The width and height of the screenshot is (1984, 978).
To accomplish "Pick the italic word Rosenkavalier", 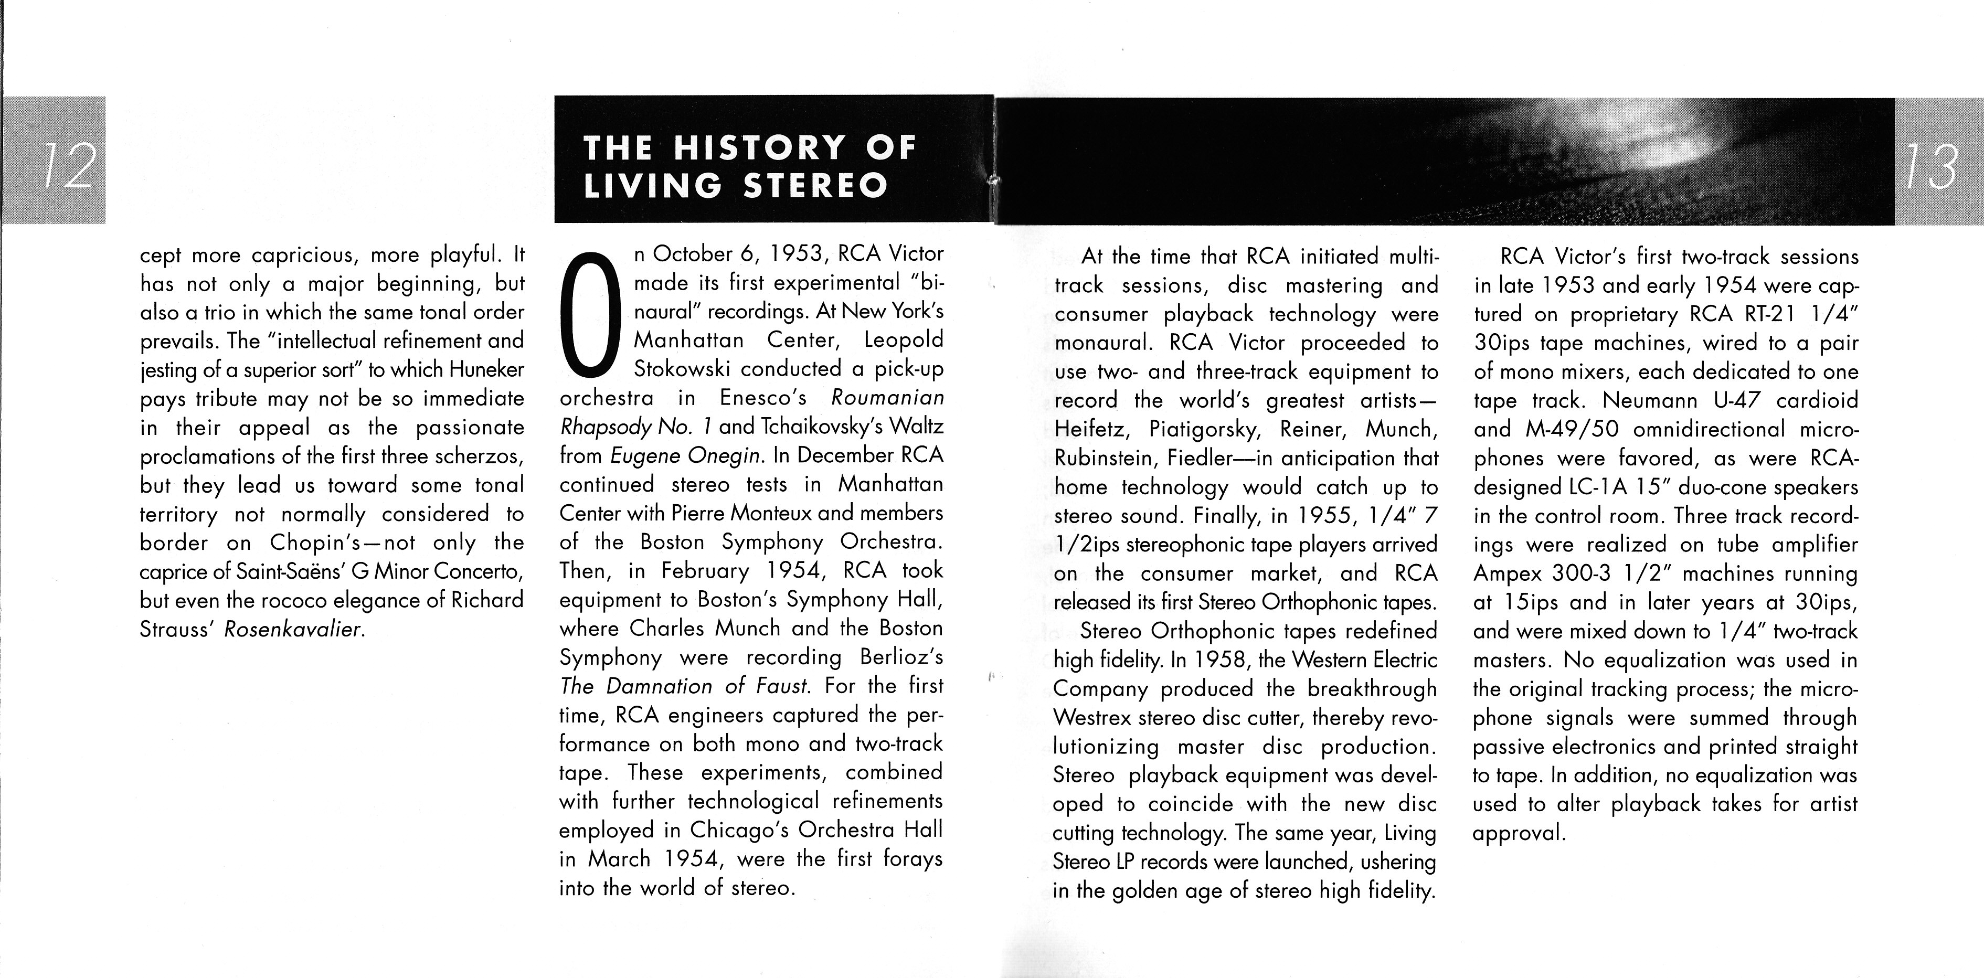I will point(293,629).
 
